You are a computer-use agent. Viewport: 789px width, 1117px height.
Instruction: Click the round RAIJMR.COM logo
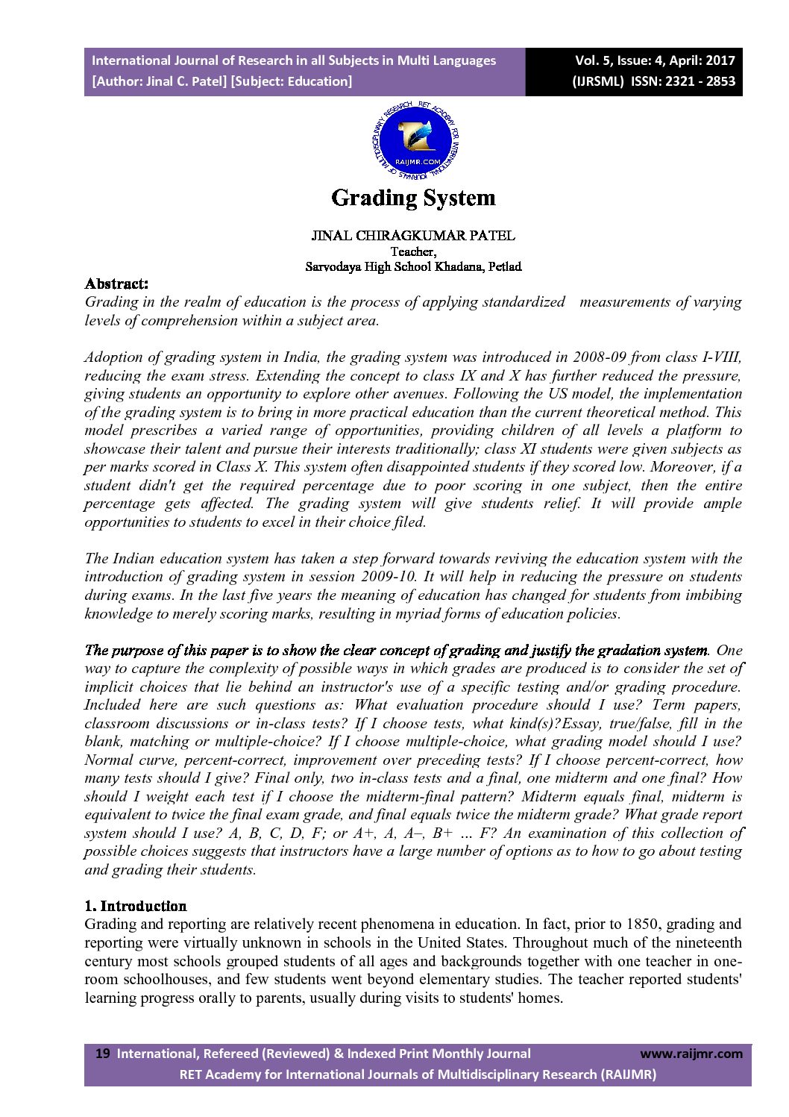[415, 142]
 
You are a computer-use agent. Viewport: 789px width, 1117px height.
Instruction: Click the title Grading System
[413, 198]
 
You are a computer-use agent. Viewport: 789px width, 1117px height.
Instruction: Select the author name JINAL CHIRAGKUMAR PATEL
[413, 236]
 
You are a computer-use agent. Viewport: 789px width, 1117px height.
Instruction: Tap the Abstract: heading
[116, 284]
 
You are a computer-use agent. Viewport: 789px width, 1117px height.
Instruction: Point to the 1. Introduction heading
[136, 906]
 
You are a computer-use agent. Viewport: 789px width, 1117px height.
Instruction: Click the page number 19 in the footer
[103, 1054]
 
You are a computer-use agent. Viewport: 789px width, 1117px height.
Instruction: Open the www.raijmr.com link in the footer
[691, 1054]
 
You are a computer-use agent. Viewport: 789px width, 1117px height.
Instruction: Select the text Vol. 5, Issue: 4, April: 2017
[655, 60]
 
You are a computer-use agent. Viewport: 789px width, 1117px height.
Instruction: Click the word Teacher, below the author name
[413, 251]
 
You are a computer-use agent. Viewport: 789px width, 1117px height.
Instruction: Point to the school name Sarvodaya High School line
[413, 266]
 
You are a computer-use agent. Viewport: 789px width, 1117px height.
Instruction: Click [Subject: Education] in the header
[292, 81]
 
